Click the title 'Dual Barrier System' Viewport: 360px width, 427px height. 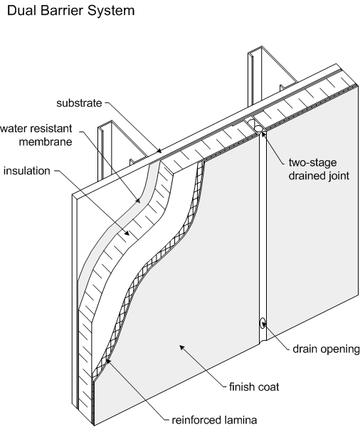[71, 11]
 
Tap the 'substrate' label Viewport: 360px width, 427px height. [79, 103]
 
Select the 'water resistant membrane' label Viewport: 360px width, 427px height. [36, 135]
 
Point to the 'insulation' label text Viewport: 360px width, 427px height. [27, 171]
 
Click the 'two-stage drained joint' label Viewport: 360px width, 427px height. [319, 169]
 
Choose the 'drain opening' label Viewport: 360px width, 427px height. [327, 349]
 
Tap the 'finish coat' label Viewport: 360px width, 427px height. [254, 386]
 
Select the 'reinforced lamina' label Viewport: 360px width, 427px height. [214, 420]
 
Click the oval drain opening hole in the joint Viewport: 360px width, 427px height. [263, 323]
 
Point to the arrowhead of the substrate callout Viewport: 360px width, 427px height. [159, 150]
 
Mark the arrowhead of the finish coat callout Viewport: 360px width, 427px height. [181, 348]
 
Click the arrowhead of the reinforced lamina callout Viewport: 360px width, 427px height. [107, 361]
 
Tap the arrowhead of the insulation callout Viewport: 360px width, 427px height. [127, 233]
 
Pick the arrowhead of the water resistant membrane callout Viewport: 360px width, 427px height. [138, 201]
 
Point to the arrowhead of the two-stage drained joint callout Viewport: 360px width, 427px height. [264, 134]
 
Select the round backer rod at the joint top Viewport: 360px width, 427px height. [258, 127]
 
